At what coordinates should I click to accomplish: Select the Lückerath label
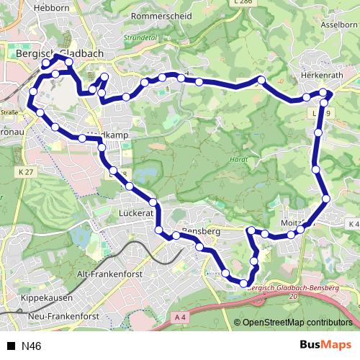[135, 214]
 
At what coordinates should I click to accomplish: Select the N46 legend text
[32, 346]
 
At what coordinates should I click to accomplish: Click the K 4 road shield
[353, 224]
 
